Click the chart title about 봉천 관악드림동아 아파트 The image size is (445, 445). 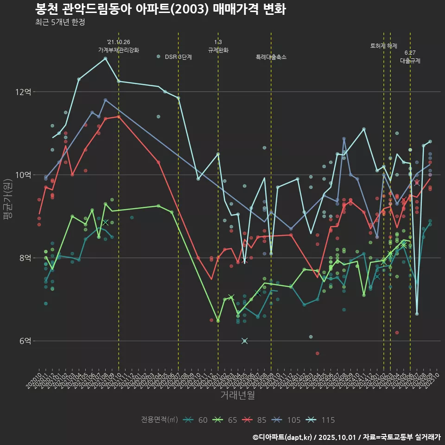(160, 9)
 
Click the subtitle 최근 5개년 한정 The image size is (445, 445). (60, 22)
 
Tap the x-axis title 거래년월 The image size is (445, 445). (237, 395)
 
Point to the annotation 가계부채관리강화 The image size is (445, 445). (118, 50)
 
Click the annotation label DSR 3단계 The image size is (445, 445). (178, 57)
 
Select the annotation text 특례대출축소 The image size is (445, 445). (271, 57)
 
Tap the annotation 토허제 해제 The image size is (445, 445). (383, 46)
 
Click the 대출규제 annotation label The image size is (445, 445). (410, 61)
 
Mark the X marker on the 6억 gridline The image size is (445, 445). (245, 341)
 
